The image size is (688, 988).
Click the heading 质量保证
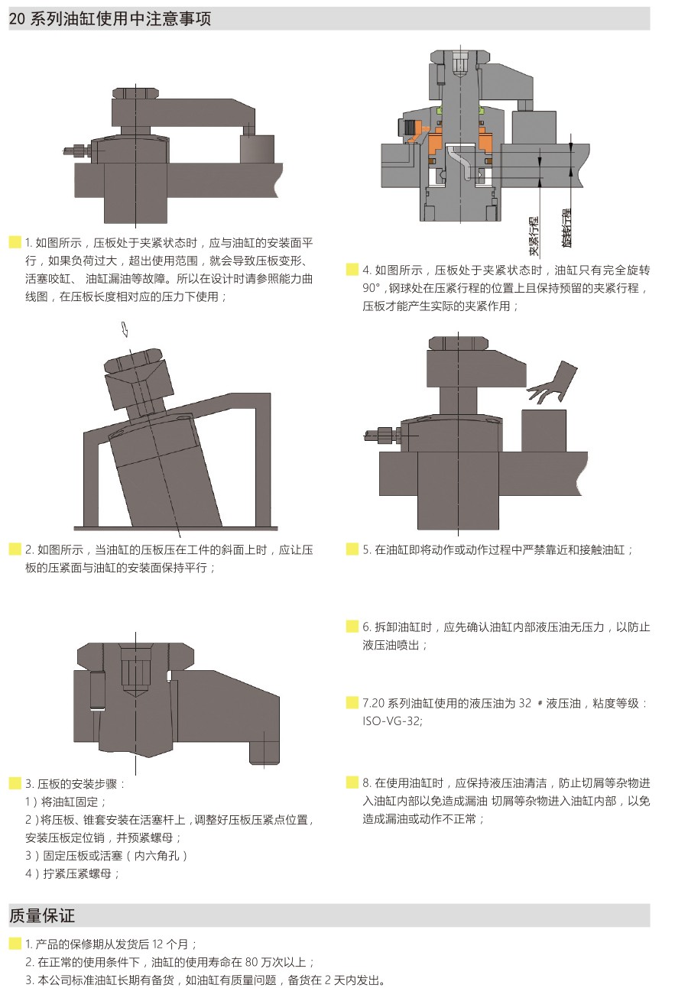(x=42, y=915)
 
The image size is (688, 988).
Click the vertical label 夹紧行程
(x=534, y=236)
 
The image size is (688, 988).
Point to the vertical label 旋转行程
(x=566, y=228)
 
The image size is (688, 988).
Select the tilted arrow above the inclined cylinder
(x=125, y=329)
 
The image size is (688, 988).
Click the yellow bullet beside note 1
(x=15, y=243)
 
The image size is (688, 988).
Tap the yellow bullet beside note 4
(x=352, y=270)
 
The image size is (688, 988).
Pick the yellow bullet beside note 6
(x=352, y=627)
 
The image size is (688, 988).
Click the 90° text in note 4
(x=371, y=289)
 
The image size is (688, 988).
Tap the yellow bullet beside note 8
(x=352, y=782)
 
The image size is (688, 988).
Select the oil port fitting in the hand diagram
(x=380, y=436)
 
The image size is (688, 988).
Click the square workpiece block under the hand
(x=544, y=431)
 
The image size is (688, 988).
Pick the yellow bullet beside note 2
(x=15, y=549)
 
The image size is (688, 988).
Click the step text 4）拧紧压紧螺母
(x=73, y=874)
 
